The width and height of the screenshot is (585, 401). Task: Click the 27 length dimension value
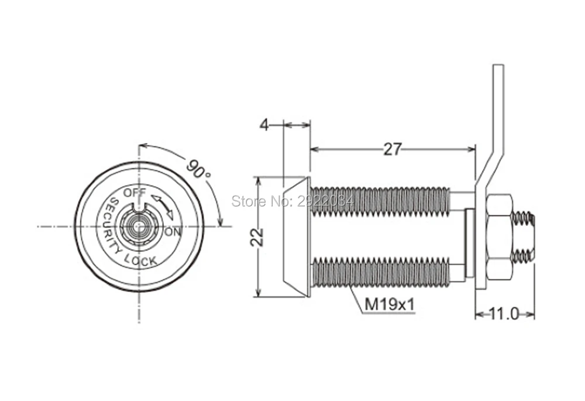click(393, 149)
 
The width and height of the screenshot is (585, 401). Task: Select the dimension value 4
click(264, 125)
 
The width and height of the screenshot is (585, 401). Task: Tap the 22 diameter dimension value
click(257, 237)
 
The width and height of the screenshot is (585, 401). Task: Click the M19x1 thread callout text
click(390, 304)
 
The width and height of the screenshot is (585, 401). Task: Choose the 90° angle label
click(198, 169)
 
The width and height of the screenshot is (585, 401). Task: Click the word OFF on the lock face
click(135, 193)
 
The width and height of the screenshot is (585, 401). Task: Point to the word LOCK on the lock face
click(140, 259)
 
